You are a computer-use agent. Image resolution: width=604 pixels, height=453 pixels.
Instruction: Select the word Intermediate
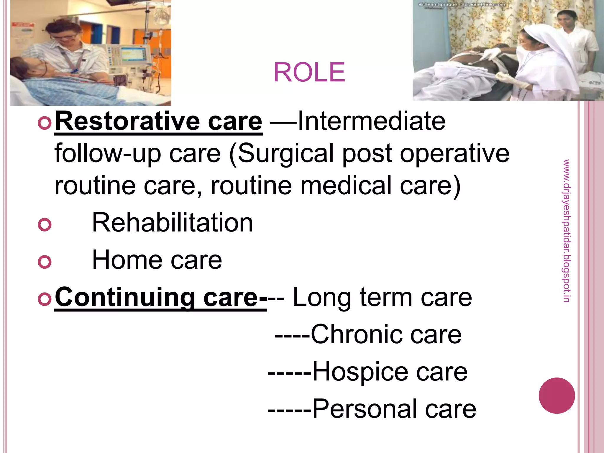(x=372, y=121)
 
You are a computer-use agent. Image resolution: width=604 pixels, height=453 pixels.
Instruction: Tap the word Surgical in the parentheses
(x=285, y=153)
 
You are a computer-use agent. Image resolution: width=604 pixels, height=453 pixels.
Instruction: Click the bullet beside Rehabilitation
(x=45, y=225)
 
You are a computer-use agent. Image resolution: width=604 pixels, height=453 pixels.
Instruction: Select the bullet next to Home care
(x=45, y=262)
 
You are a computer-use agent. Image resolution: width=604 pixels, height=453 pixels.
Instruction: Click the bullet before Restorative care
(x=45, y=123)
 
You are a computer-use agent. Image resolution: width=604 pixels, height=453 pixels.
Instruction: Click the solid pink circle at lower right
(x=557, y=395)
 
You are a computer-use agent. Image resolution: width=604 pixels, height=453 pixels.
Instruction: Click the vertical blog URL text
(x=566, y=231)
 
